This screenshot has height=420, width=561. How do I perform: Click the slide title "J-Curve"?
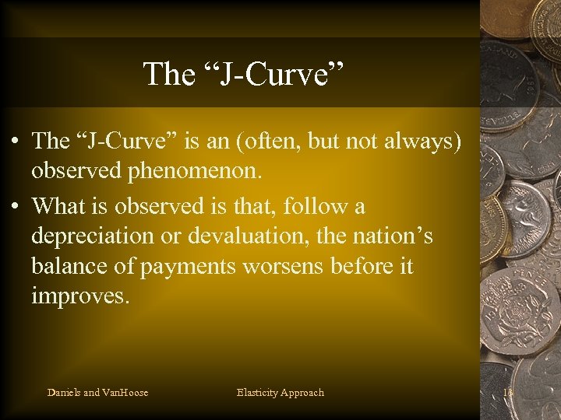[242, 74]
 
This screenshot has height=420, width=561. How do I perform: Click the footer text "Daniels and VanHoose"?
[97, 393]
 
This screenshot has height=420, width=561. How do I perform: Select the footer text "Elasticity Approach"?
[280, 393]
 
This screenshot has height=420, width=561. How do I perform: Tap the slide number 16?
[509, 393]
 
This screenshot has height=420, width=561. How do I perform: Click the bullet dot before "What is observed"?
[16, 208]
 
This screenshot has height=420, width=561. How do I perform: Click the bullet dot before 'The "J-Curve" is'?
[16, 142]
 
